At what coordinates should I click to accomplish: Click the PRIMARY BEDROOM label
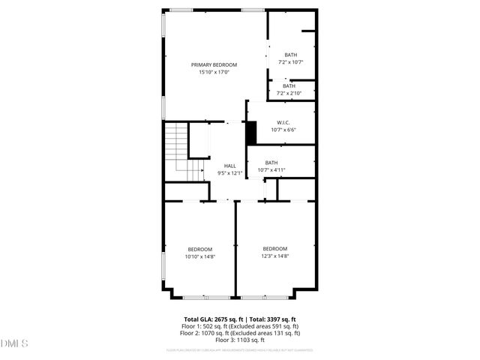(214, 65)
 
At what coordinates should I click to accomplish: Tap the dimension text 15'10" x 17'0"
(214, 73)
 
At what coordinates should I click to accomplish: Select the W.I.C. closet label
(283, 122)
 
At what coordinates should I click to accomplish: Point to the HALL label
(229, 166)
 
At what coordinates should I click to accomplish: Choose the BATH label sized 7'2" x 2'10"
(289, 86)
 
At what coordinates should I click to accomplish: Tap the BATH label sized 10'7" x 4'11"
(271, 163)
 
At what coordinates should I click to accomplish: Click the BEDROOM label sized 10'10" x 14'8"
(199, 249)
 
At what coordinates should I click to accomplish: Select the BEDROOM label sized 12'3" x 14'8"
(274, 249)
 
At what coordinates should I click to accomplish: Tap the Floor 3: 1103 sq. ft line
(239, 340)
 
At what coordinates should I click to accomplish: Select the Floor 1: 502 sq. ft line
(239, 326)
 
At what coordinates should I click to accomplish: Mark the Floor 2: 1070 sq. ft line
(239, 333)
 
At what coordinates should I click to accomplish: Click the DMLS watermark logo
(14, 343)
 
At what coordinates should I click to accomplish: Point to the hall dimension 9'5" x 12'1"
(229, 173)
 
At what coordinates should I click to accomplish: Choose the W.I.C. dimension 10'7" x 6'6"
(283, 130)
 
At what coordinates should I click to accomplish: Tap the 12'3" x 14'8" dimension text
(274, 256)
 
